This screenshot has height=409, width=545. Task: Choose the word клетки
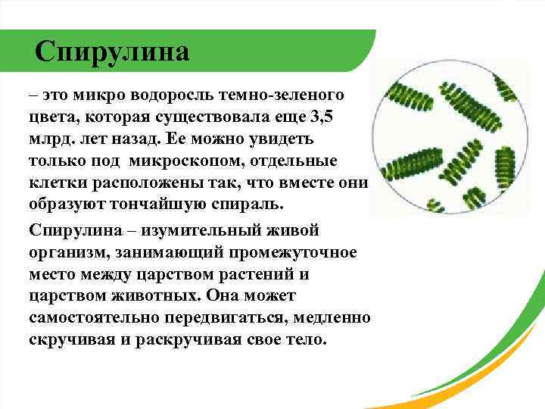click(x=55, y=184)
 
